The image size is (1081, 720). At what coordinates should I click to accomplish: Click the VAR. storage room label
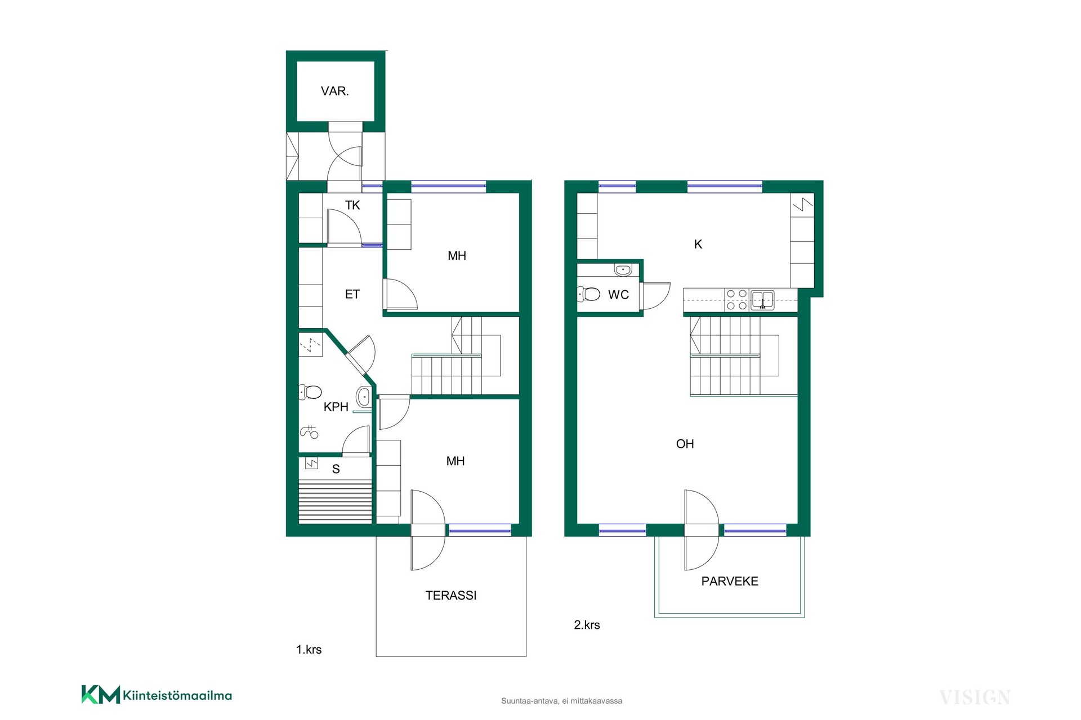[x=335, y=91]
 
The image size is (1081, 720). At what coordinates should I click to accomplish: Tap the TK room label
[x=352, y=205]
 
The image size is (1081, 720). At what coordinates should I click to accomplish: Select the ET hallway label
[x=352, y=294]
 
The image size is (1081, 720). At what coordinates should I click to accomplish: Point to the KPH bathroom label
[x=336, y=407]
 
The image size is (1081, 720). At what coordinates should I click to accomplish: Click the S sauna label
[x=336, y=469]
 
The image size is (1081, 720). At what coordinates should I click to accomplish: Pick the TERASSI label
[x=451, y=595]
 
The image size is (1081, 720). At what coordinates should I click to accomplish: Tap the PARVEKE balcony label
[x=730, y=581]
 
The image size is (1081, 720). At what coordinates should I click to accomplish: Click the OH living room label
[x=685, y=444]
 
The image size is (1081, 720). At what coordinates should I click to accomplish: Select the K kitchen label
[x=698, y=244]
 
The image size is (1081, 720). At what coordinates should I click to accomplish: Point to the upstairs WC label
[x=618, y=295]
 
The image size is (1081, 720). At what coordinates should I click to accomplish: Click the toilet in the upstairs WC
[x=588, y=294]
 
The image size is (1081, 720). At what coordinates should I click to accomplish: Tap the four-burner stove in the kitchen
[x=737, y=300]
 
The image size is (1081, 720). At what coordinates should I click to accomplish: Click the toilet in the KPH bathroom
[x=310, y=391]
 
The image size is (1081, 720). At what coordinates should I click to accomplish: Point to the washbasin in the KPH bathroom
[x=364, y=397]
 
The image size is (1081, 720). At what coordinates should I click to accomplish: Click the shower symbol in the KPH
[x=309, y=432]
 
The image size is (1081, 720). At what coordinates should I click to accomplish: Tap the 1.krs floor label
[x=309, y=650]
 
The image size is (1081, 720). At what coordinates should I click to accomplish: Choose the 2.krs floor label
[x=587, y=625]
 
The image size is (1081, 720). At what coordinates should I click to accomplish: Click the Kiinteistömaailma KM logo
[x=157, y=695]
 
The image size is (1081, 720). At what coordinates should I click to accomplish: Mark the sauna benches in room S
[x=336, y=502]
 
